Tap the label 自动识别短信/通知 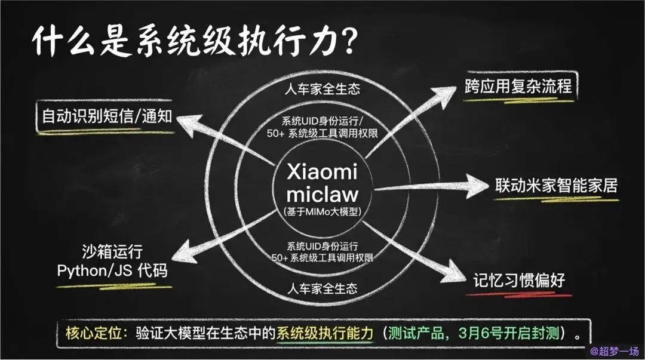[106, 116]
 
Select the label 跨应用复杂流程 [518, 86]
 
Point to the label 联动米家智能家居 [556, 185]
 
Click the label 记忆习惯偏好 [518, 280]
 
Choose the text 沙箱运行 [112, 252]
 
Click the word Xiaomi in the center [322, 173]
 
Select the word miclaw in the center [322, 194]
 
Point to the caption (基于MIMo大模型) [322, 212]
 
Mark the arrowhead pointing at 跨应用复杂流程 [445, 95]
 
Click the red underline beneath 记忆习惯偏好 [518, 294]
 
